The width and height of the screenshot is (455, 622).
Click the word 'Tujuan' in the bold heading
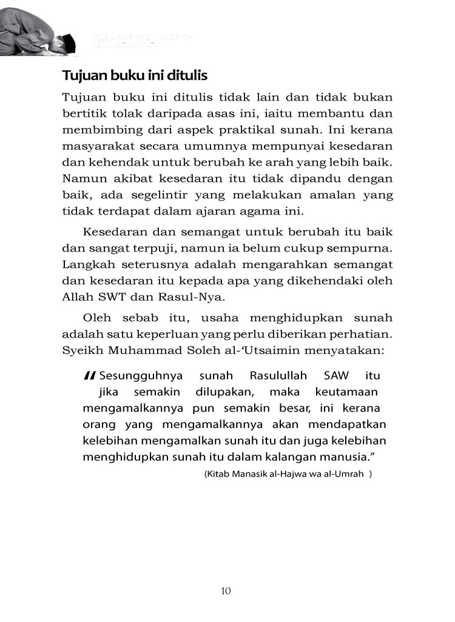83,76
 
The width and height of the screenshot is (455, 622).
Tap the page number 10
226,591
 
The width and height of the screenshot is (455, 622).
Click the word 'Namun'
80,179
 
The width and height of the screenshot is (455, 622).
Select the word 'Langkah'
86,264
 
